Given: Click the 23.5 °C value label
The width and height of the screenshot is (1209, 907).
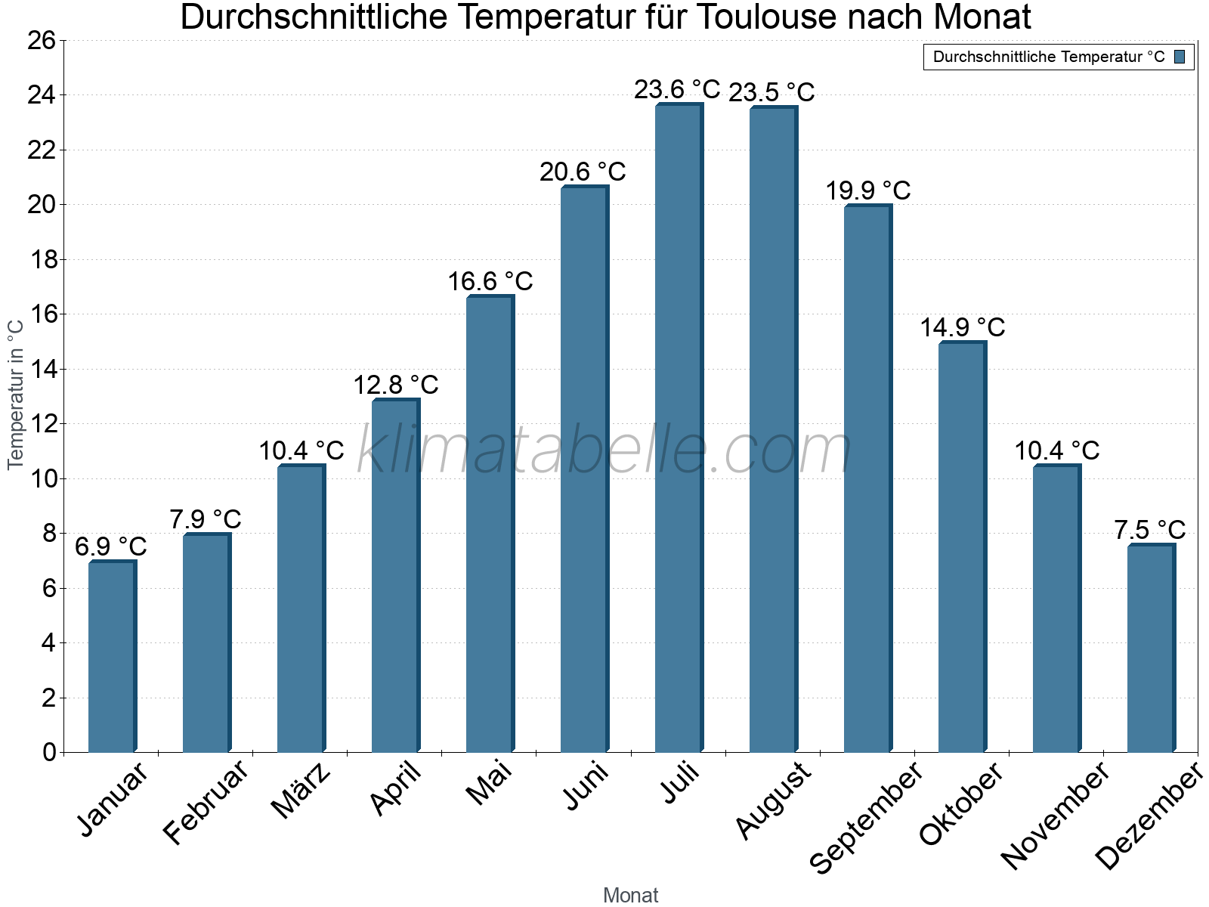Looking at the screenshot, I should pos(771,92).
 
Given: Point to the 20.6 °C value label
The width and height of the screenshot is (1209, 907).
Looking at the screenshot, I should pos(583,172).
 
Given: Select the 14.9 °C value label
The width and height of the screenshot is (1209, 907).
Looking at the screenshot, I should pos(962,327).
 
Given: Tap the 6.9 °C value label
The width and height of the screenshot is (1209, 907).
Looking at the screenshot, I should pos(111,546).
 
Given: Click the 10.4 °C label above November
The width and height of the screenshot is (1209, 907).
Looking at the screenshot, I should pos(1056,450).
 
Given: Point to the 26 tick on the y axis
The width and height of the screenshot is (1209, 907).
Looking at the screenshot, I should pos(42,40).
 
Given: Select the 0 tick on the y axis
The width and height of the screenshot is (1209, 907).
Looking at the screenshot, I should pos(49,752).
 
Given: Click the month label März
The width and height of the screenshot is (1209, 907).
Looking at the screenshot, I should pos(301,791).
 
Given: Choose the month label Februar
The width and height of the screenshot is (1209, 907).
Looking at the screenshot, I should pos(206,801).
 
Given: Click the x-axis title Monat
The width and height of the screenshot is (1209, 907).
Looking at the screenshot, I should pos(630,895).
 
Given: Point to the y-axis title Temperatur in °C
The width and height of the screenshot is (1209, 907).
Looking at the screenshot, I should pos(16,395).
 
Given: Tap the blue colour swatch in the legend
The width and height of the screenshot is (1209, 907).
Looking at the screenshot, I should pos(1180,57).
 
